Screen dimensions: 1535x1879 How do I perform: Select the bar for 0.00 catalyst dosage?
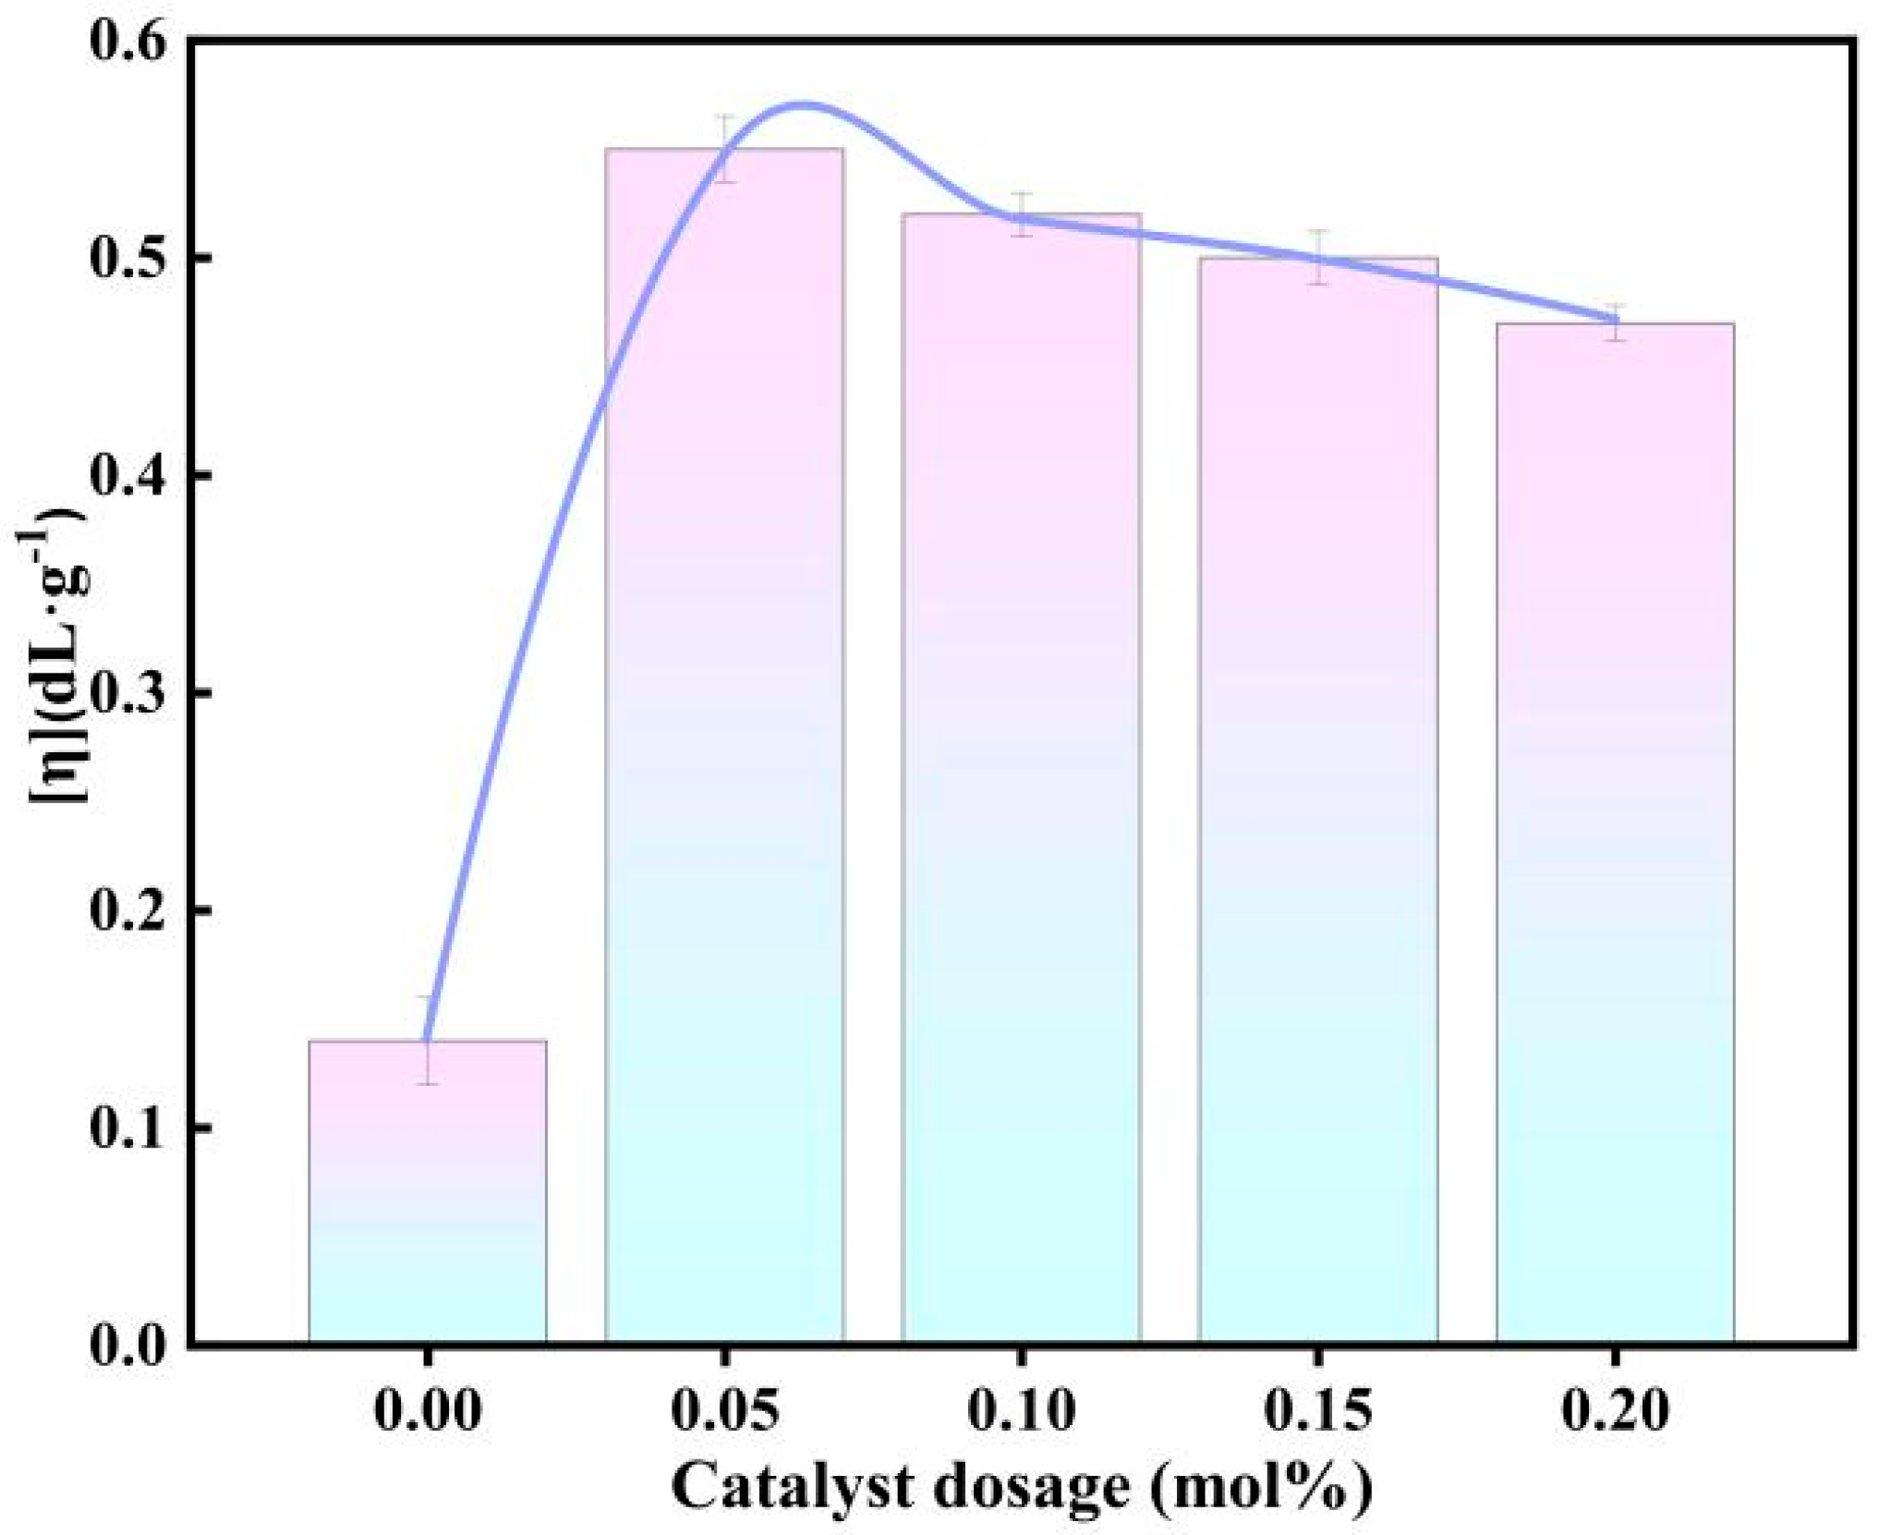[427, 1192]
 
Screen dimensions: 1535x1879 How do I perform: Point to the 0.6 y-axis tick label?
[128, 42]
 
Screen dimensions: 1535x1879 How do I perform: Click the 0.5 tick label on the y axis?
[128, 259]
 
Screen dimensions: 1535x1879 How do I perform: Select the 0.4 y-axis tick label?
[128, 476]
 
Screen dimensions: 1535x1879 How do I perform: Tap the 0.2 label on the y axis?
[128, 910]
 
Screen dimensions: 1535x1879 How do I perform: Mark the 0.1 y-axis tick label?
[128, 1127]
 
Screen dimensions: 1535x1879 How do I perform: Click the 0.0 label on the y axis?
[128, 1345]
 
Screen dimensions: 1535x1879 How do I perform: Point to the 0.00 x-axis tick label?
[427, 1411]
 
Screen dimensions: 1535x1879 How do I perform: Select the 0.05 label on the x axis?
[724, 1411]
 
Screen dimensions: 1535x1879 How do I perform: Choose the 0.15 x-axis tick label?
[1318, 1411]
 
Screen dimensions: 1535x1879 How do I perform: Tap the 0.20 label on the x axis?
[1615, 1411]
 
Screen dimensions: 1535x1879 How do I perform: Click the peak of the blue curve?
[802, 104]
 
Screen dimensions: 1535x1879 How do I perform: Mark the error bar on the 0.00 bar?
[427, 1040]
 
